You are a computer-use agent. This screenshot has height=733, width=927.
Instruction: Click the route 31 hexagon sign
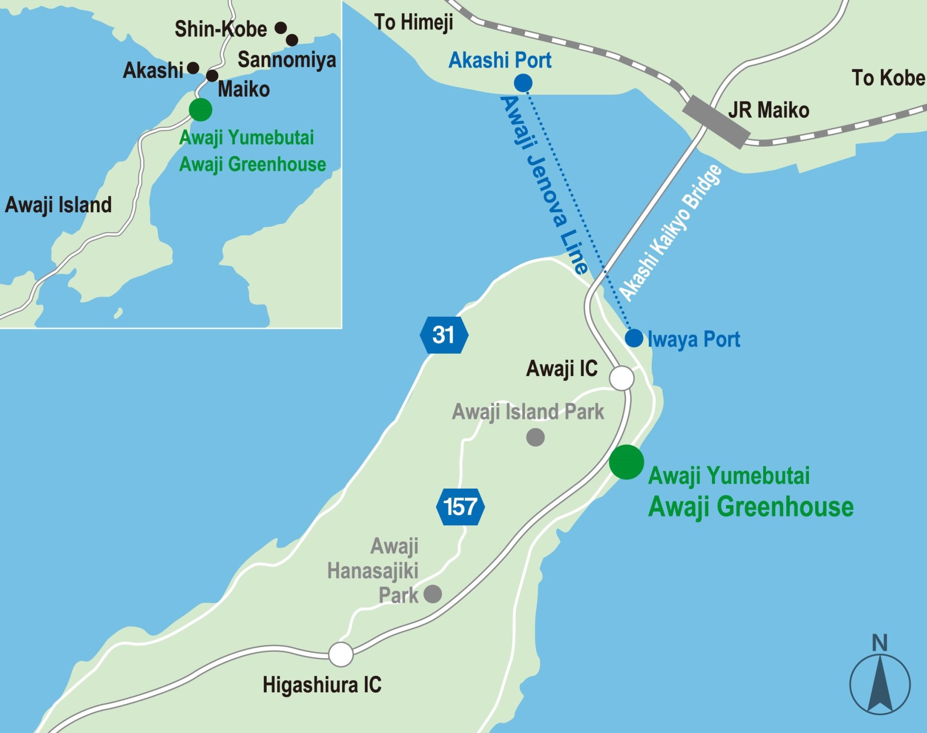[444, 335]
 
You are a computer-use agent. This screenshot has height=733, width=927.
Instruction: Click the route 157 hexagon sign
[460, 507]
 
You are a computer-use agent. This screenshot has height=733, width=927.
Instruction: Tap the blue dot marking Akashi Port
[523, 83]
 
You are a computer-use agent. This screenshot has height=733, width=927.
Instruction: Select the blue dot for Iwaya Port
[634, 338]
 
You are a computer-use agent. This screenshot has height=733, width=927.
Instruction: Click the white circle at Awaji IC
[621, 378]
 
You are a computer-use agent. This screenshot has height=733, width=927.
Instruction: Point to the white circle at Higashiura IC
[341, 654]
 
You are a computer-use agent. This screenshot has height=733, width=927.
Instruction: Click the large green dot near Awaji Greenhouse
[626, 462]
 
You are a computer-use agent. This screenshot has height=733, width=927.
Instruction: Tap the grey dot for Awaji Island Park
[535, 437]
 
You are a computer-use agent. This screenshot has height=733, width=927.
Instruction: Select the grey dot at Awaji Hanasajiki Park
[433, 594]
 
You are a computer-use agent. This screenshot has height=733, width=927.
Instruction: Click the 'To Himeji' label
[414, 22]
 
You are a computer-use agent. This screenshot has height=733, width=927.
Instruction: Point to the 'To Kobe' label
[888, 78]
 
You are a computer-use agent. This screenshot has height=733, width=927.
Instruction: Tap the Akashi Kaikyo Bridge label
[671, 233]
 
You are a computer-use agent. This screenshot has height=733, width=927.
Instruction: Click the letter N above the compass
[879, 643]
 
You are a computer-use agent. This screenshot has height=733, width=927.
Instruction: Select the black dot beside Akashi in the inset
[193, 68]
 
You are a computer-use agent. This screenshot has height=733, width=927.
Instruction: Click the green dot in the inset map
[201, 109]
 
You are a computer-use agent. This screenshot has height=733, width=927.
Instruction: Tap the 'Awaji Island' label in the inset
[58, 205]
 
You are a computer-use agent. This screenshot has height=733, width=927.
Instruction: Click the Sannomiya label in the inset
[287, 60]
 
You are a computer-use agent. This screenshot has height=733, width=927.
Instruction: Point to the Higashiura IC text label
[322, 685]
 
